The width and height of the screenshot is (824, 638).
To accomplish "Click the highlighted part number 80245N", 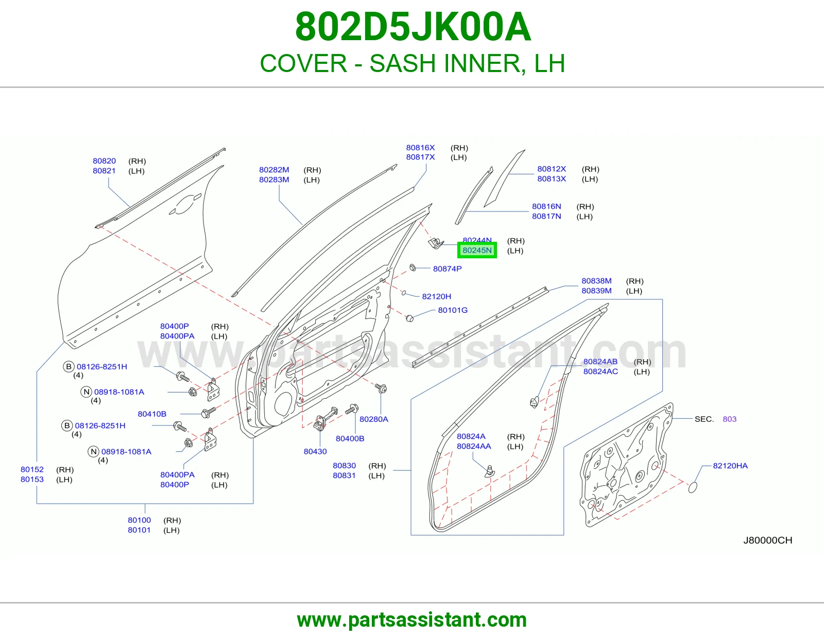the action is (477, 250).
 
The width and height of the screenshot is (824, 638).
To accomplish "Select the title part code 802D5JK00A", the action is (413, 27).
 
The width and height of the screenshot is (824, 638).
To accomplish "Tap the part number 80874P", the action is (447, 269).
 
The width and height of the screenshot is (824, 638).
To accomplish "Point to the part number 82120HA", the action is (730, 466).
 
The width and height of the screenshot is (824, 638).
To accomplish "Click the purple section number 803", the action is (729, 419).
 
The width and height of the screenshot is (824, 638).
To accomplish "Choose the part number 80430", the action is (315, 451).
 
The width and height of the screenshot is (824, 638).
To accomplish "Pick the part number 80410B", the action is (152, 414).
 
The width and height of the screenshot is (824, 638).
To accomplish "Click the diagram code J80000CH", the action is (767, 540).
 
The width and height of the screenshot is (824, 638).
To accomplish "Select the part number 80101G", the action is (453, 310).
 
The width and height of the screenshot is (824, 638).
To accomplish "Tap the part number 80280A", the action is (374, 419).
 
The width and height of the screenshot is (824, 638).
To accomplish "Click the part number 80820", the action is (104, 161).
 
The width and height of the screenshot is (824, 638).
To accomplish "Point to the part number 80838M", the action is (596, 281).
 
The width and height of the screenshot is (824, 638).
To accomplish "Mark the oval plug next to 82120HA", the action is (693, 488).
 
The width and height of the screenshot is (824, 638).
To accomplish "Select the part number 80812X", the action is (552, 169).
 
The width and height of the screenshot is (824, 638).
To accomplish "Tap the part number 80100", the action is (139, 520).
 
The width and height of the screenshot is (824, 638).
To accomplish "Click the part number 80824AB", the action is (600, 361).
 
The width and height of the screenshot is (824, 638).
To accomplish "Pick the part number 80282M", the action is (274, 170).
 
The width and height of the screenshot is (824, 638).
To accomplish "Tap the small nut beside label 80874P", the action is (413, 268).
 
